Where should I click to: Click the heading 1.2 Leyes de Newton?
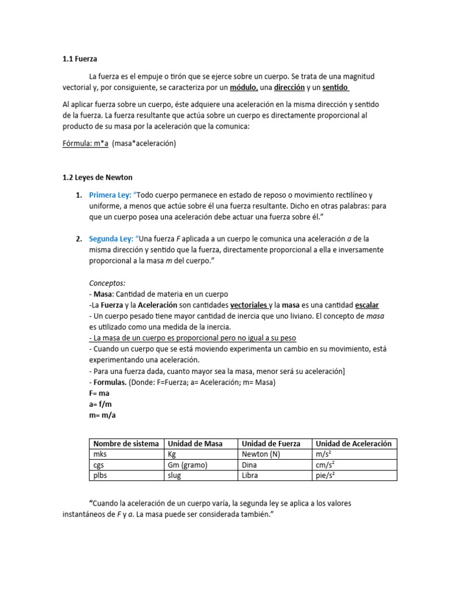coord(99,177)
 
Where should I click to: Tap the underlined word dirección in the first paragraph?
coord(290,88)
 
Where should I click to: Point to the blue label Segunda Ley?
coord(110,239)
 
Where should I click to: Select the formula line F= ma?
coord(99,393)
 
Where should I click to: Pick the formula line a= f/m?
coord(100,404)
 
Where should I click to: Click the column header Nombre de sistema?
coord(126,444)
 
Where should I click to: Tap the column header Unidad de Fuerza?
coord(271,444)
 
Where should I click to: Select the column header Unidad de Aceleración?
coord(353,444)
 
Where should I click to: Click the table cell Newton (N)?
coord(262,454)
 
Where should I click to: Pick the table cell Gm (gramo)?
coord(188,465)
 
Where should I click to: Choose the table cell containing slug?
coord(174,476)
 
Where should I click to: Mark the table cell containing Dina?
coord(250,465)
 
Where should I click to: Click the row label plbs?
coord(101,476)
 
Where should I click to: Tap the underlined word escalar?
coord(367,305)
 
